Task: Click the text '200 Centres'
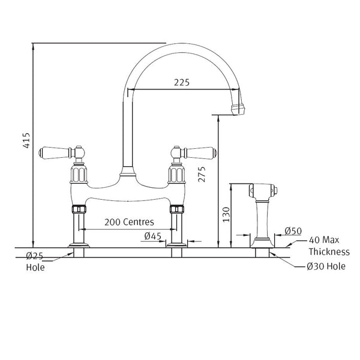tap(130, 221)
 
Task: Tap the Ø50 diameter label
tap(292, 230)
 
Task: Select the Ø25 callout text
tap(34, 257)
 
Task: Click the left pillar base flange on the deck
tap(79, 244)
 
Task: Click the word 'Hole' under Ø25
tap(35, 268)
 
